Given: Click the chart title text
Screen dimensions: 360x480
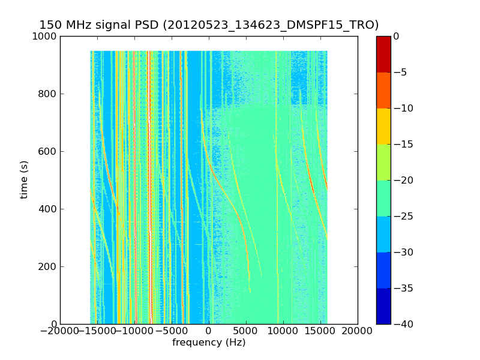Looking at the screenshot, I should tap(209, 25).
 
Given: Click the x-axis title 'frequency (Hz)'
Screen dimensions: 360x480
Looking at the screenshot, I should tap(209, 343).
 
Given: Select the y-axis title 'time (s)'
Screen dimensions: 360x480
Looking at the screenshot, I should tap(24, 179).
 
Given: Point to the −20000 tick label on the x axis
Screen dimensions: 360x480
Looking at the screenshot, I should tap(59, 331).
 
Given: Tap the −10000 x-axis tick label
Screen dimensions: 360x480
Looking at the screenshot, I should tap(134, 331).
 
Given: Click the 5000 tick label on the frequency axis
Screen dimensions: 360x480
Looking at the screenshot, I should tap(246, 331).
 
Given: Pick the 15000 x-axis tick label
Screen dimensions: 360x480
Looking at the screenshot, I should tap(320, 331).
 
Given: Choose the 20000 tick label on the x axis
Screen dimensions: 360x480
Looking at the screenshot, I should tap(358, 331).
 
